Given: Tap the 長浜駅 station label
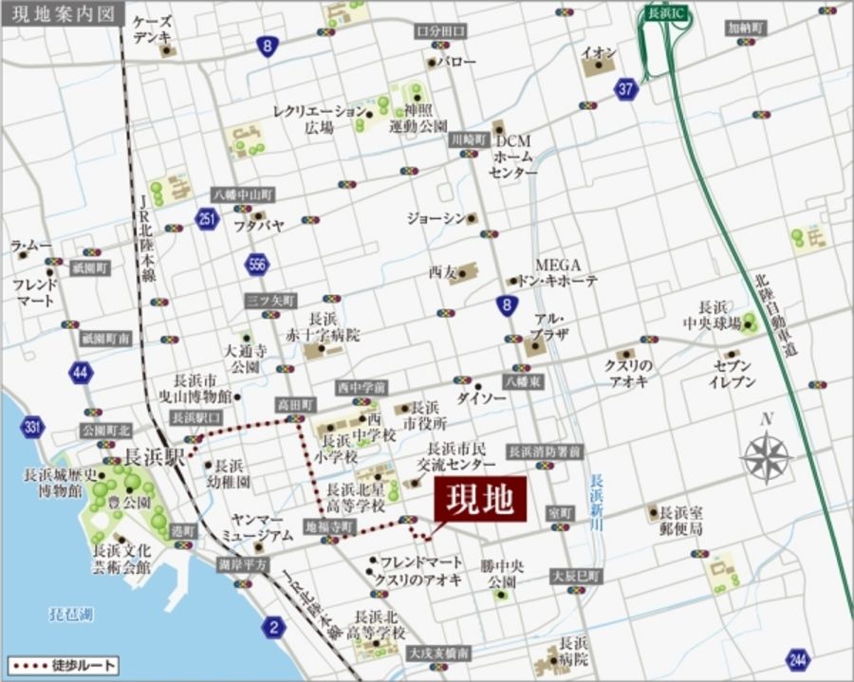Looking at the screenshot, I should (x=153, y=455).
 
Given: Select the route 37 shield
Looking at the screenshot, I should (x=625, y=90).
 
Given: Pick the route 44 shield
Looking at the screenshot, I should (x=81, y=373).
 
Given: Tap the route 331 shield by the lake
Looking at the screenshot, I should (x=33, y=428).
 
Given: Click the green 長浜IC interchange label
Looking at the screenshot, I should (x=658, y=14).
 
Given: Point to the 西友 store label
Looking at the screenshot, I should (x=442, y=272).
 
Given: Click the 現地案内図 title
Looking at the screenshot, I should (x=58, y=14).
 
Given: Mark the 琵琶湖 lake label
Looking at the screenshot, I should (x=71, y=614).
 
